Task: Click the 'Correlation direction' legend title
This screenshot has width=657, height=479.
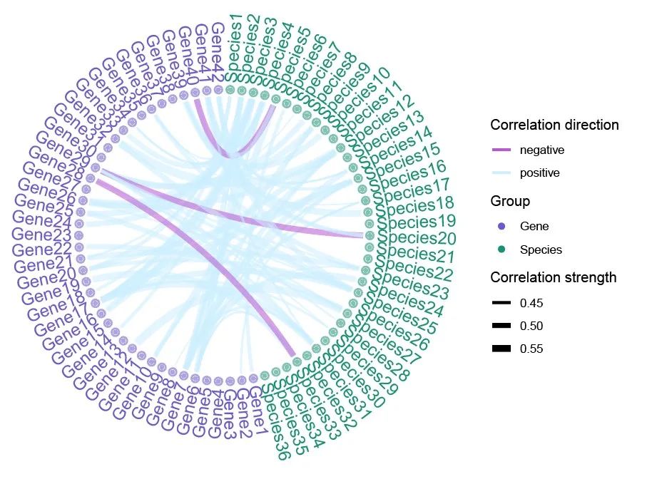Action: (554, 125)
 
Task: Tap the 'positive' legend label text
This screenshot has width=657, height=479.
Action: (539, 173)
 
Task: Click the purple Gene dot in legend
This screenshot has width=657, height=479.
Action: (502, 227)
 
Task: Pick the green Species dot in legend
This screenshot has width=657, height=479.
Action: (502, 249)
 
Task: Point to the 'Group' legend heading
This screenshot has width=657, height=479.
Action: (510, 202)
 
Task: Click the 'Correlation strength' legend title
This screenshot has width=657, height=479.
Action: (553, 277)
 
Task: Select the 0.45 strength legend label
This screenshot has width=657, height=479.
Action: (531, 304)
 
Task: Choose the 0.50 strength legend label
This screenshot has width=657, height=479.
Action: (531, 326)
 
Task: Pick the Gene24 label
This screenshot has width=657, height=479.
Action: (42, 219)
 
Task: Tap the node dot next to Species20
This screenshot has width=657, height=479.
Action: (369, 236)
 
